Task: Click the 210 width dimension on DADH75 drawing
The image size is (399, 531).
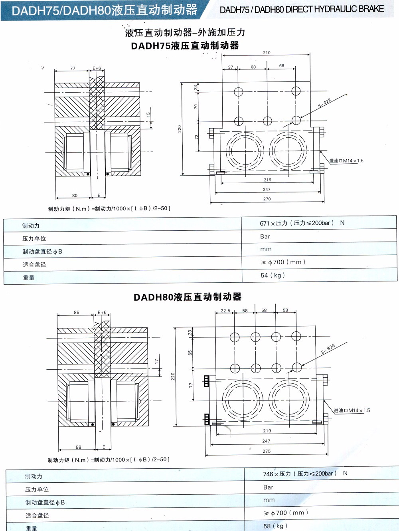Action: (x=267, y=53)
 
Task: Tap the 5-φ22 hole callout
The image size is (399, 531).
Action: (x=324, y=103)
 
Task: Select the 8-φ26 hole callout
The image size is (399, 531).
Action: (x=328, y=349)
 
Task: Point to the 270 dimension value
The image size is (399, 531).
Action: (x=267, y=199)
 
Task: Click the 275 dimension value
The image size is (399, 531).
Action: (x=267, y=451)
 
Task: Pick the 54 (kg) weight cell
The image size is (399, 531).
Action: (x=273, y=275)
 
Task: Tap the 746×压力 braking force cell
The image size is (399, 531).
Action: (x=305, y=474)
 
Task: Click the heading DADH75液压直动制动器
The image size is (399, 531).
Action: (x=185, y=46)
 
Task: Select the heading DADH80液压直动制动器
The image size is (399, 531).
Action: (x=188, y=297)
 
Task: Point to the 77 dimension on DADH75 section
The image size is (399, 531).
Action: (x=73, y=68)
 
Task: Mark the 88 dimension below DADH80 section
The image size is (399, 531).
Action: (x=79, y=447)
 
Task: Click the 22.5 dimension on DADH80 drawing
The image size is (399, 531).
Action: (x=225, y=311)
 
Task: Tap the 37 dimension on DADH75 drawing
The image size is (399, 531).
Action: (x=231, y=67)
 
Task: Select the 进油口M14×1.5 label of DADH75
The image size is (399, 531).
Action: (x=346, y=161)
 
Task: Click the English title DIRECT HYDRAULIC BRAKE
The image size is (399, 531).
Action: (x=302, y=9)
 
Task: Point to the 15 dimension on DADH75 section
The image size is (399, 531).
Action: (x=148, y=114)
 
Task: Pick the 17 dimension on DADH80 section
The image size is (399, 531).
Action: (x=156, y=361)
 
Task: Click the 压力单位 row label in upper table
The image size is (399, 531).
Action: (x=34, y=239)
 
